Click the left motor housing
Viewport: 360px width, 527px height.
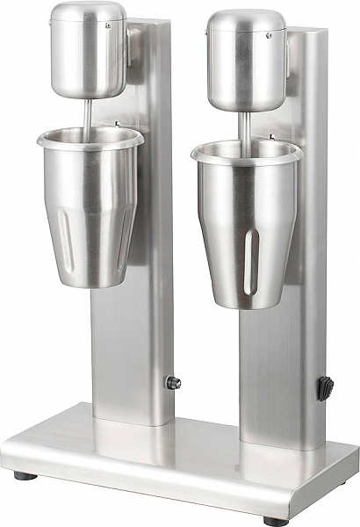[88, 57]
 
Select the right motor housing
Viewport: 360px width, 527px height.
[248, 66]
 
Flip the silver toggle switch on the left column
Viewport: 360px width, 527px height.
[173, 382]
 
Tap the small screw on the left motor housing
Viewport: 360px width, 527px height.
[108, 25]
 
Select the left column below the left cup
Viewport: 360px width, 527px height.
[132, 351]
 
